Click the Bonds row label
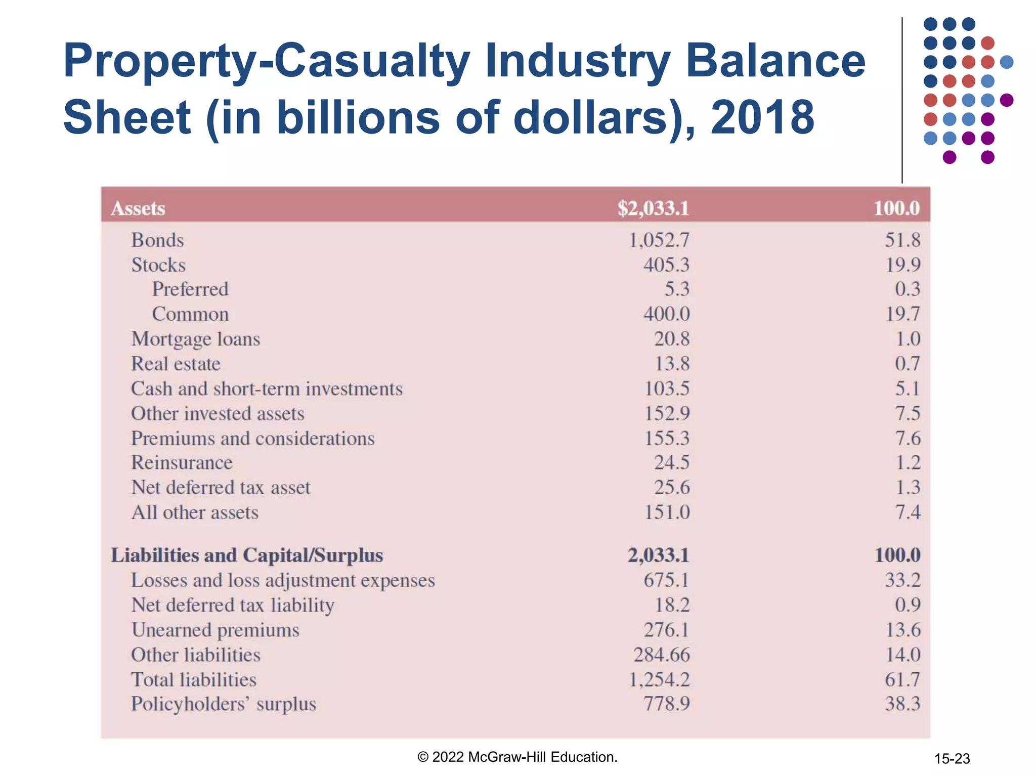(157, 240)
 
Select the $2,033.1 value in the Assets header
(653, 208)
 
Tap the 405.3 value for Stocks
(666, 265)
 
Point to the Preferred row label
(190, 289)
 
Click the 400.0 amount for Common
(666, 314)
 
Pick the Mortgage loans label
(195, 339)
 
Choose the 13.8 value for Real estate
(672, 363)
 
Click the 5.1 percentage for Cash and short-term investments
(908, 388)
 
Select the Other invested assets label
(218, 413)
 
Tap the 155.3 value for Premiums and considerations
(666, 438)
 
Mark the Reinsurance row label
(182, 462)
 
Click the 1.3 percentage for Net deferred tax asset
(908, 487)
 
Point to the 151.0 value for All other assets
(666, 512)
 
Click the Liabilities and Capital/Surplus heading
(247, 555)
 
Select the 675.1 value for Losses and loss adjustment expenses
(666, 580)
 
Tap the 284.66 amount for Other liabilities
(661, 655)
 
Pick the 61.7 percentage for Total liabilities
(902, 679)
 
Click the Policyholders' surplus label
(223, 704)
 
